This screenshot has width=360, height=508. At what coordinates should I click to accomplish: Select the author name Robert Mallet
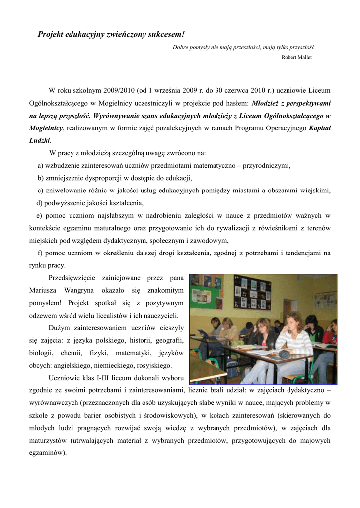296,57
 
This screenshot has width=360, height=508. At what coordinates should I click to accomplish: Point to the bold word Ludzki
40,140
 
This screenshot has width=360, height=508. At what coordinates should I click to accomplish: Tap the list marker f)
40,253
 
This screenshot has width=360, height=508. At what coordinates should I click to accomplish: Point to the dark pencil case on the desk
285,354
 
